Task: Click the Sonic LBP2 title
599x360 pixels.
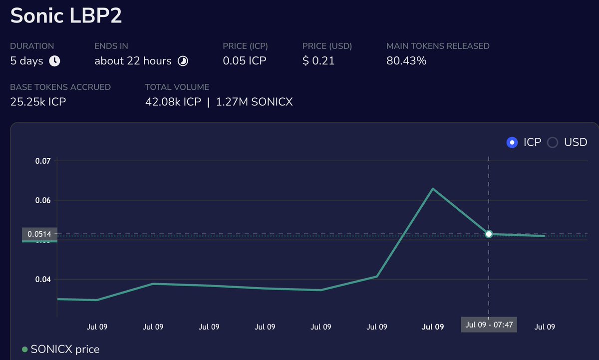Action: (x=66, y=16)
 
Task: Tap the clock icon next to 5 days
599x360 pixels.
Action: (x=54, y=61)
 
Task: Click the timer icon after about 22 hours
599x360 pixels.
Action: (x=183, y=61)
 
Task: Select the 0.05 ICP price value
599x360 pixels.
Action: (x=245, y=61)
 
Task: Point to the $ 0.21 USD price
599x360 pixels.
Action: (x=318, y=61)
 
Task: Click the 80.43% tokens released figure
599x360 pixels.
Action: (x=406, y=61)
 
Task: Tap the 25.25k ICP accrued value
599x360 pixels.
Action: (x=38, y=102)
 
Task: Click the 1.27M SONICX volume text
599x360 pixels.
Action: (x=254, y=102)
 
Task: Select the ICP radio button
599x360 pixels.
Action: (x=512, y=142)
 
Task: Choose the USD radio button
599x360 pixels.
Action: (x=552, y=142)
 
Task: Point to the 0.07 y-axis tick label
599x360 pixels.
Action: (x=43, y=161)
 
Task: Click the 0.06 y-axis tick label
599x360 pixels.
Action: (x=43, y=200)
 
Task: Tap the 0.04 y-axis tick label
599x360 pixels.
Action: (x=43, y=279)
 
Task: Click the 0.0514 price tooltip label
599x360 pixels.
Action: (x=39, y=234)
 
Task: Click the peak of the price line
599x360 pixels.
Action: (x=432, y=189)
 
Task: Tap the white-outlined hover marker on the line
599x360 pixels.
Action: (x=489, y=234)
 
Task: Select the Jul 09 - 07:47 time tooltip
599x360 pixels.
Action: (x=489, y=325)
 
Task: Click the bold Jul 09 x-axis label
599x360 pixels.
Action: (x=433, y=327)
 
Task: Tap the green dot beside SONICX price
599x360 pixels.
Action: (x=25, y=350)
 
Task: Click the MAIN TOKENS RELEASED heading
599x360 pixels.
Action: (x=438, y=46)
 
